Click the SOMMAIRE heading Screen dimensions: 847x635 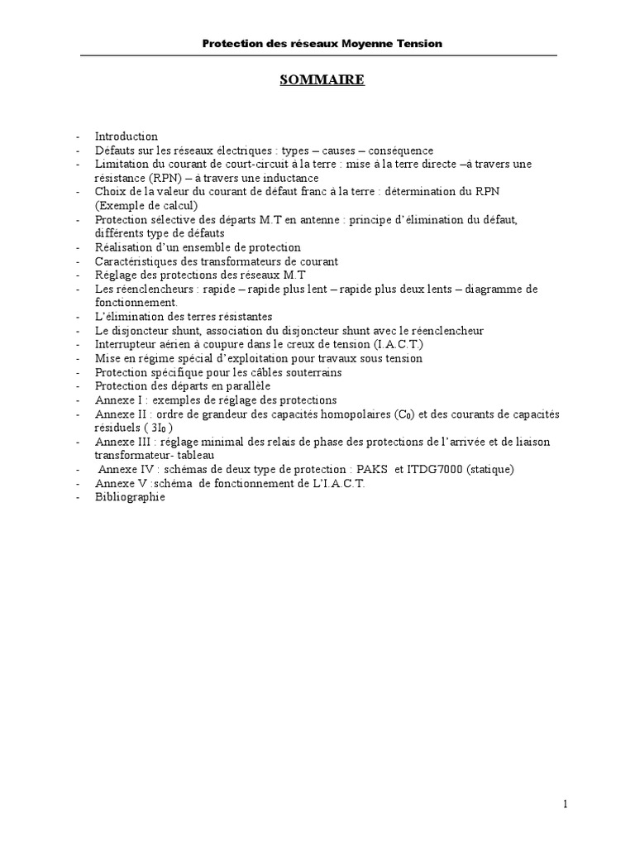click(317, 80)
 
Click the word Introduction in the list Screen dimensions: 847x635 click(126, 136)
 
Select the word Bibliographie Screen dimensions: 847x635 click(130, 497)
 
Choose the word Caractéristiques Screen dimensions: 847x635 click(136, 261)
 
